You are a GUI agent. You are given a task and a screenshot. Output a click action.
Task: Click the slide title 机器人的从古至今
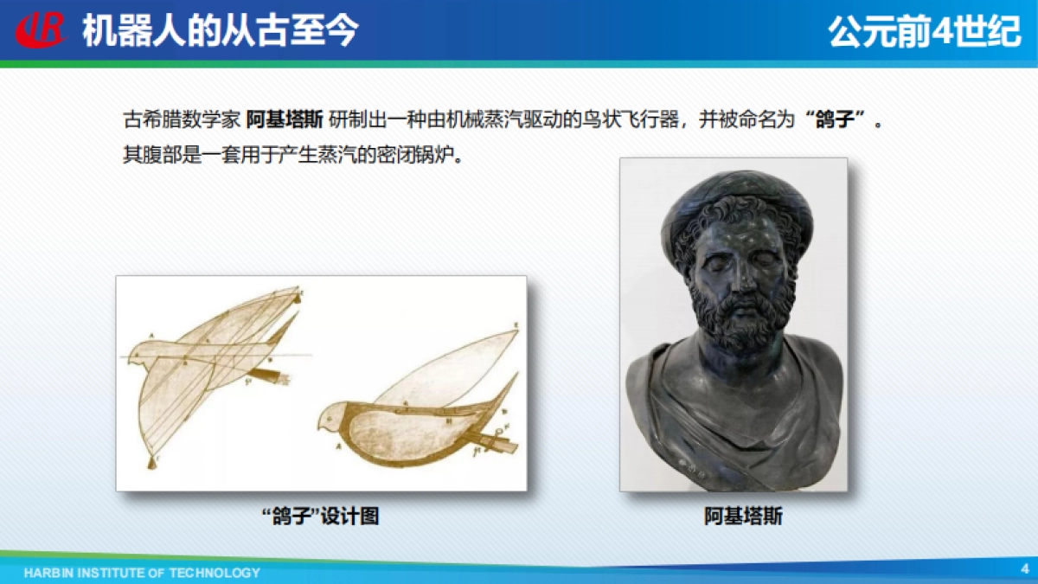point(220,31)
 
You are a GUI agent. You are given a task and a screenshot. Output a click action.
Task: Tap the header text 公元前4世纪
point(925,32)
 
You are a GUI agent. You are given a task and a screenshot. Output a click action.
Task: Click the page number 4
point(1024,568)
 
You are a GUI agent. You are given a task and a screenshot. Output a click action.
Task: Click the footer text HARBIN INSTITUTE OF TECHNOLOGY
point(142,573)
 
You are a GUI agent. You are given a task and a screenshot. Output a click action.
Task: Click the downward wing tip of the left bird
point(152,463)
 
